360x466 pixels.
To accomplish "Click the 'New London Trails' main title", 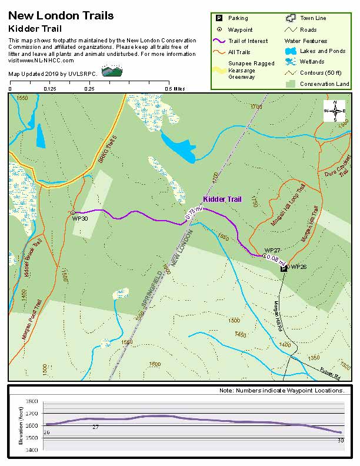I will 61,16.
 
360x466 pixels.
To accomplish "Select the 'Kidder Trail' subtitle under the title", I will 35,28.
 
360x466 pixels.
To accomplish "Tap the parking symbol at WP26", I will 284,268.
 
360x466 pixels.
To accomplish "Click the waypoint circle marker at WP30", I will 72,212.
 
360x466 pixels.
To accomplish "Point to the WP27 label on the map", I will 272,250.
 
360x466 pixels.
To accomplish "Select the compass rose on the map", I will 335,111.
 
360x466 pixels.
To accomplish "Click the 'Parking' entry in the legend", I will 238,18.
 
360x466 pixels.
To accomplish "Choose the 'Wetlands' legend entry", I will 312,62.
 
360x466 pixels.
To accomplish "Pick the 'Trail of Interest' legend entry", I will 248,41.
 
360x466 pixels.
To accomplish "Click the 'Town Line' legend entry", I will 312,18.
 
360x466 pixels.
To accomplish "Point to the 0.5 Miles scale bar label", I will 175,89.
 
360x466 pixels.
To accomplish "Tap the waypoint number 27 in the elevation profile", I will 95,427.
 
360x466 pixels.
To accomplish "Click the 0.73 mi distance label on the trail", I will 194,213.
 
